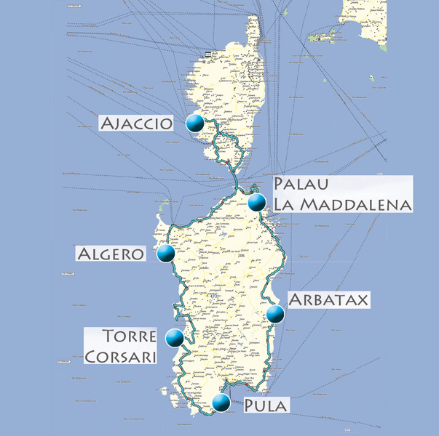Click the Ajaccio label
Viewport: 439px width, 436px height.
coord(137,123)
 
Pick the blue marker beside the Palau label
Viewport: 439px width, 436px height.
coord(256,202)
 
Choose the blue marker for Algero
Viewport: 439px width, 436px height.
coord(165,254)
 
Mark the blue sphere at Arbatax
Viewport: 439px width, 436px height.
coord(274,314)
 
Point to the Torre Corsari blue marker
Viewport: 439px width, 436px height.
coord(174,338)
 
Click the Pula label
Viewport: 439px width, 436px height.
coord(264,405)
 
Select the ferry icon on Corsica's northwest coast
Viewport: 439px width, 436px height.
coord(209,54)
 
